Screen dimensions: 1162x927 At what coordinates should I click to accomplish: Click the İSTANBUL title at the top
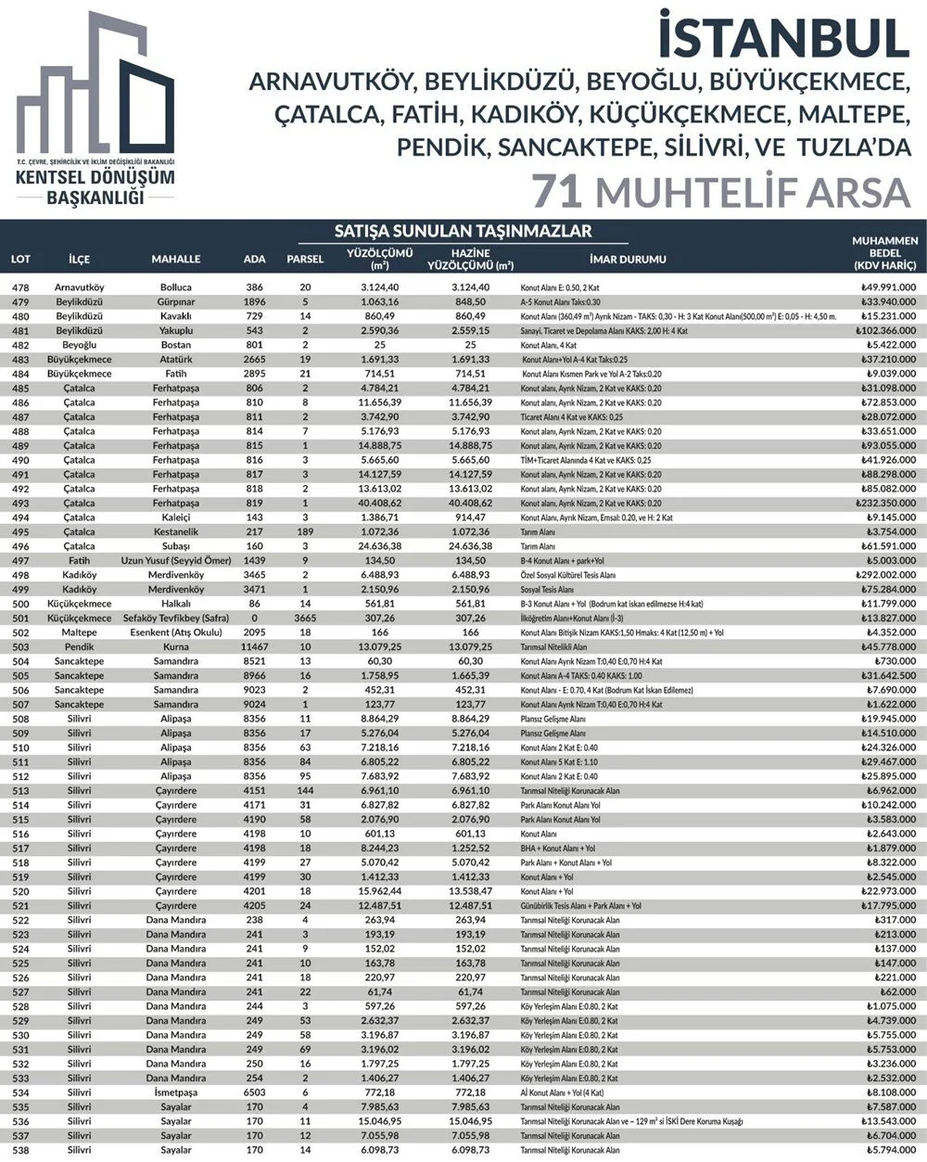click(x=782, y=37)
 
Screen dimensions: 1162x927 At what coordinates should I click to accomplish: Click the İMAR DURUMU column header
click(x=627, y=259)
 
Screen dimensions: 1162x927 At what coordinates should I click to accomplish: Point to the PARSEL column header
click(x=305, y=259)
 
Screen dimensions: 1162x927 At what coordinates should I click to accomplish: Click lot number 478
click(x=20, y=287)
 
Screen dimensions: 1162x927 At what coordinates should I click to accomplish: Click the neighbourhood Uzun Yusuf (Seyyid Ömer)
click(x=175, y=560)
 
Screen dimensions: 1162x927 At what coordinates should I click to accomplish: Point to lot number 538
click(x=20, y=1150)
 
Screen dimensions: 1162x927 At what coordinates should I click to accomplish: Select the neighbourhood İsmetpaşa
click(x=175, y=1092)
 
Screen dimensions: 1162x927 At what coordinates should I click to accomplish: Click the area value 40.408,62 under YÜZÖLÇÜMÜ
click(x=379, y=503)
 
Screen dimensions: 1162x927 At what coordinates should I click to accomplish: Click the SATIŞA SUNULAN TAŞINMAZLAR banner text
click(x=463, y=231)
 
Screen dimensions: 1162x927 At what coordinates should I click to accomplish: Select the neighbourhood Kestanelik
click(x=175, y=531)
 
